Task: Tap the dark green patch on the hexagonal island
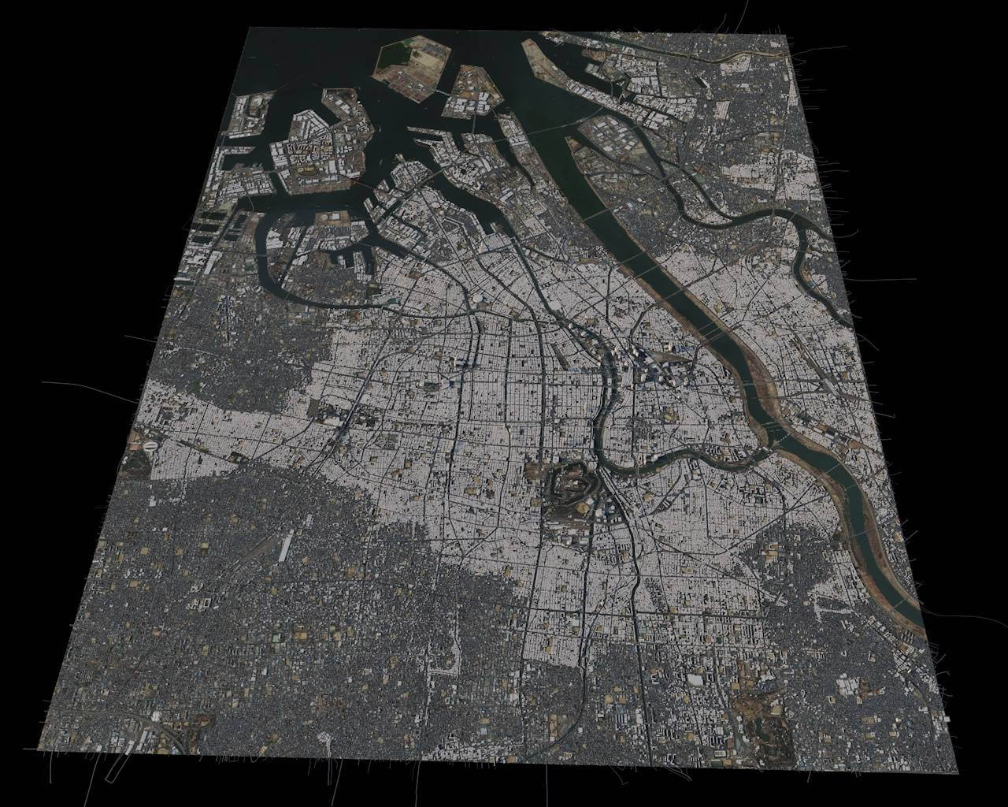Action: click(x=394, y=57)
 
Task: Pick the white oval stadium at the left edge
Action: click(x=149, y=445)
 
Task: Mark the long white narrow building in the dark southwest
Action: click(x=285, y=545)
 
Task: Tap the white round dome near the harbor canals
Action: click(x=477, y=299)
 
